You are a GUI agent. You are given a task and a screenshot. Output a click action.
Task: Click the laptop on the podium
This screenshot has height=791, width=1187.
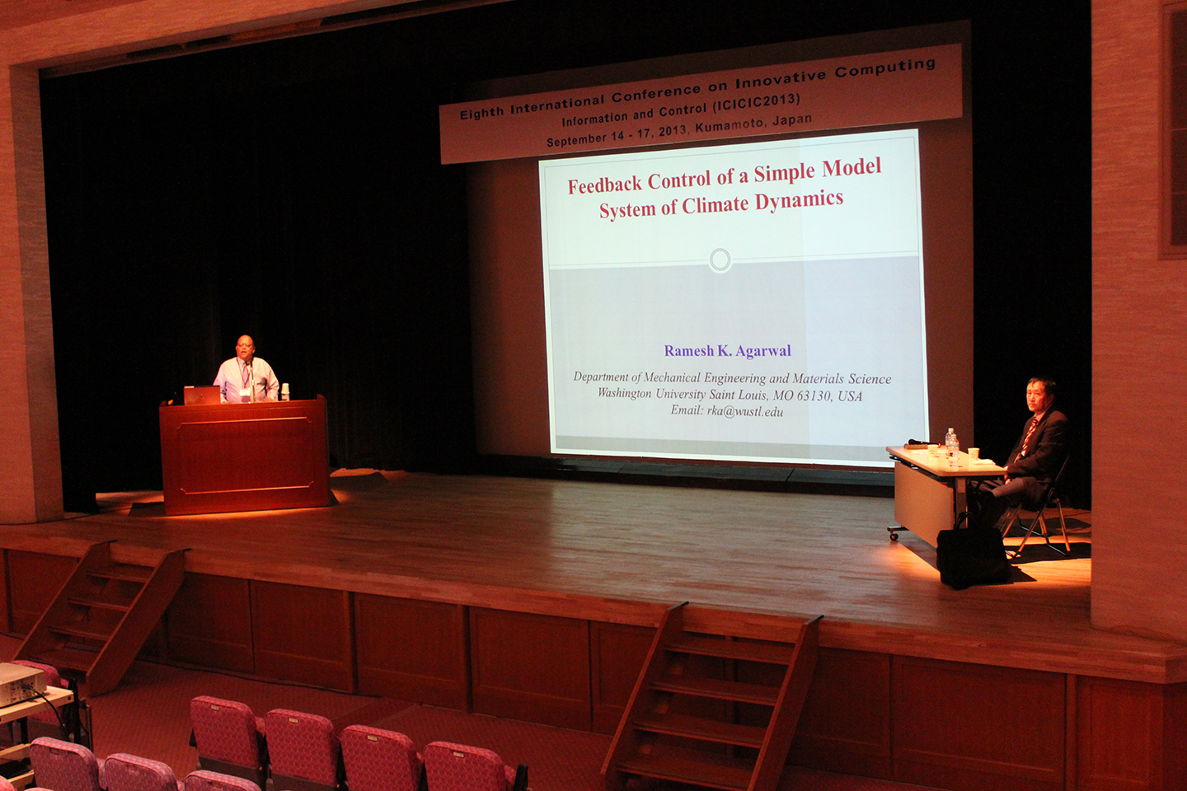(202, 395)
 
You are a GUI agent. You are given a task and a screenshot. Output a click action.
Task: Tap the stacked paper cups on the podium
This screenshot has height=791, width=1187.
(285, 391)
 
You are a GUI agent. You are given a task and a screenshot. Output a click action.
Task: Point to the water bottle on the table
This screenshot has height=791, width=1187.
(952, 447)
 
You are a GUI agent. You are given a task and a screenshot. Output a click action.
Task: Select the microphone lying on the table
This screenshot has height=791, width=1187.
(921, 442)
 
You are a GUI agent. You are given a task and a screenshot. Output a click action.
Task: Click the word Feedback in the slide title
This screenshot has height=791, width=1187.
(603, 183)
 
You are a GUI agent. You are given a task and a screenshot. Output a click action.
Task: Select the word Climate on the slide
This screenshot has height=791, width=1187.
(715, 204)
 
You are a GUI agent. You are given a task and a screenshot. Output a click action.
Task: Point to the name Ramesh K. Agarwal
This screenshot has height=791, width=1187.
(728, 351)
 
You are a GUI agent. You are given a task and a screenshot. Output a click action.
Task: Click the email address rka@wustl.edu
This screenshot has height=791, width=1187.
(745, 412)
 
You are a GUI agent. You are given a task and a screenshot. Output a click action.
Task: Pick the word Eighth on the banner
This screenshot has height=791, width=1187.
(481, 113)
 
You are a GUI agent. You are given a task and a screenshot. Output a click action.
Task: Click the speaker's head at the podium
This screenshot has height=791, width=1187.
(244, 346)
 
